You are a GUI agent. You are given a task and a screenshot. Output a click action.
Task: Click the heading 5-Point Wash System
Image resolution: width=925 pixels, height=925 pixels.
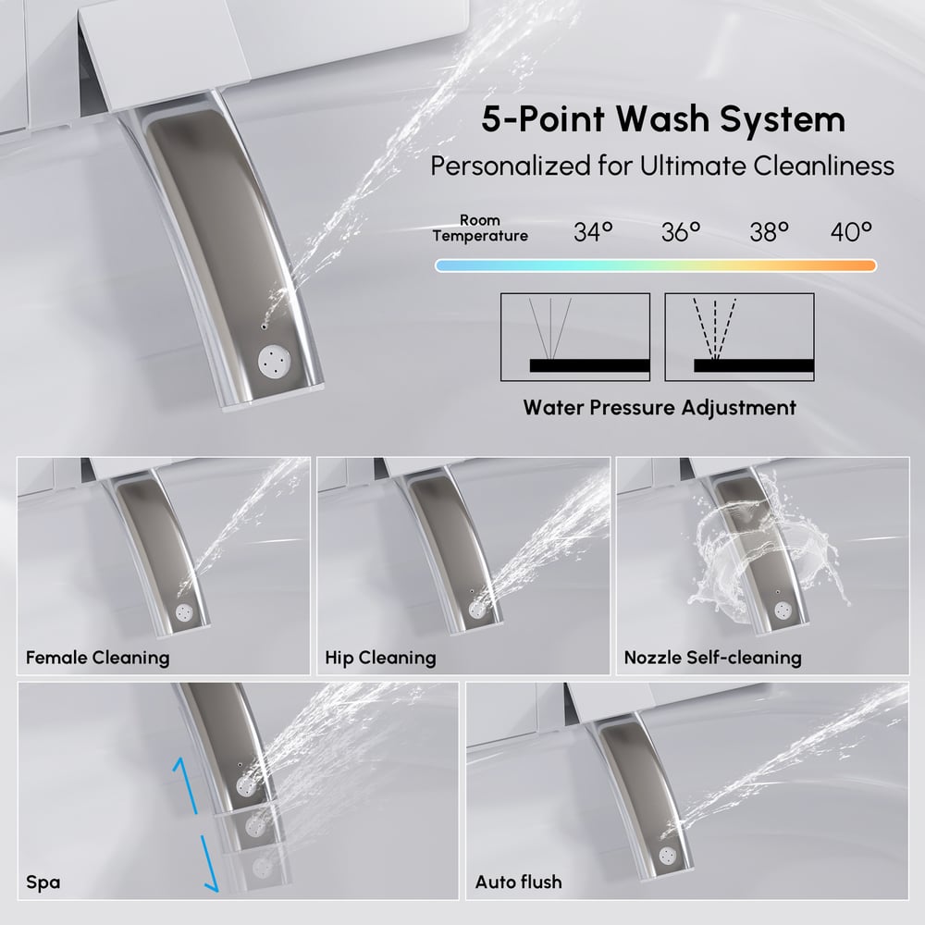pyautogui.click(x=663, y=119)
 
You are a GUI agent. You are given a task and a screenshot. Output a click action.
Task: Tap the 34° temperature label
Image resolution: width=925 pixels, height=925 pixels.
pyautogui.click(x=594, y=232)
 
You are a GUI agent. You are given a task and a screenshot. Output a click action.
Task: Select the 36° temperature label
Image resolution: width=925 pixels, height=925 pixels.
pyautogui.click(x=681, y=232)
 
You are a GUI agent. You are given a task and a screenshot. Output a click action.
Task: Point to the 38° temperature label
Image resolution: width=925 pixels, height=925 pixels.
pyautogui.click(x=770, y=232)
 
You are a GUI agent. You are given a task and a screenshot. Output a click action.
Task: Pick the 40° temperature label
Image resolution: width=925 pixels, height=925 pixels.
pyautogui.click(x=851, y=232)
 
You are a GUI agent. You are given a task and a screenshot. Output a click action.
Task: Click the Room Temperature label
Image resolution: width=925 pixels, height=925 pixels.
pyautogui.click(x=480, y=228)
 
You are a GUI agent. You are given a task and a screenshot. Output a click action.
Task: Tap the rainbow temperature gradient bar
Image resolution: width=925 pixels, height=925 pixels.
pyautogui.click(x=656, y=266)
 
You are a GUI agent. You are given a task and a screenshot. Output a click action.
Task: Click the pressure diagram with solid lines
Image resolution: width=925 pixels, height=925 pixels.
pyautogui.click(x=575, y=337)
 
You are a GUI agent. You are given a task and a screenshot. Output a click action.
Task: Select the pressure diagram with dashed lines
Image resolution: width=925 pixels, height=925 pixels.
pyautogui.click(x=739, y=337)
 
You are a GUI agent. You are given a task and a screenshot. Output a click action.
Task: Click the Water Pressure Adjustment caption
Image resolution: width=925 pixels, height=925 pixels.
pyautogui.click(x=660, y=408)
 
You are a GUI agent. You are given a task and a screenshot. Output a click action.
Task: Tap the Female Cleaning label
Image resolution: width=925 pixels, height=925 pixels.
pyautogui.click(x=98, y=658)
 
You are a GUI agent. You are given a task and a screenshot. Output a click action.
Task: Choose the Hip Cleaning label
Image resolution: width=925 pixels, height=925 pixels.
pyautogui.click(x=380, y=658)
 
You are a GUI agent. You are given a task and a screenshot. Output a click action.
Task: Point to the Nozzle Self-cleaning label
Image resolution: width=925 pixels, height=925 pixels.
pyautogui.click(x=712, y=658)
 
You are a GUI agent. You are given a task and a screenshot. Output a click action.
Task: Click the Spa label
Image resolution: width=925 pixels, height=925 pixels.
pyautogui.click(x=43, y=882)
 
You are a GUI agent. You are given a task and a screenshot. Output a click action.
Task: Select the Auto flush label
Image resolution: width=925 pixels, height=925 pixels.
pyautogui.click(x=519, y=882)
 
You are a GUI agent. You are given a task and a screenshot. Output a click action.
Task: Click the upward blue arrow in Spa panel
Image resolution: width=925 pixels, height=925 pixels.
pyautogui.click(x=186, y=786)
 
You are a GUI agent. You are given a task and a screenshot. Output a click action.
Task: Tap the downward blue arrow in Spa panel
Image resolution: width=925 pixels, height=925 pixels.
pyautogui.click(x=210, y=863)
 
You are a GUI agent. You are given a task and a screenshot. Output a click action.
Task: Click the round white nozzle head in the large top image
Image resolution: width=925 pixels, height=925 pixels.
pyautogui.click(x=275, y=362)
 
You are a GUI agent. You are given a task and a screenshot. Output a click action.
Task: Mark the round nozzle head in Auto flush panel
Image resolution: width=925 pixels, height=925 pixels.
pyautogui.click(x=668, y=855)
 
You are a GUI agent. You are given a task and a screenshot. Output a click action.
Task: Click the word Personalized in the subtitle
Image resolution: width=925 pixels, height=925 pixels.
pyautogui.click(x=511, y=166)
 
